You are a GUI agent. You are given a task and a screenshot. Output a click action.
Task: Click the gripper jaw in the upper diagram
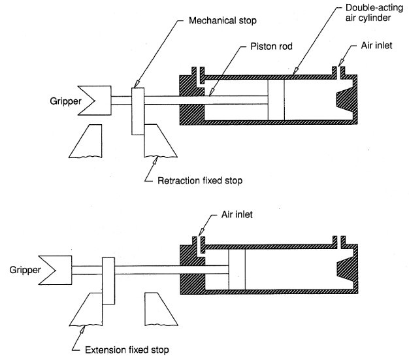click(97, 99)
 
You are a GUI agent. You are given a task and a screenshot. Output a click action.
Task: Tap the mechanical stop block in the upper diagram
click(138, 110)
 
